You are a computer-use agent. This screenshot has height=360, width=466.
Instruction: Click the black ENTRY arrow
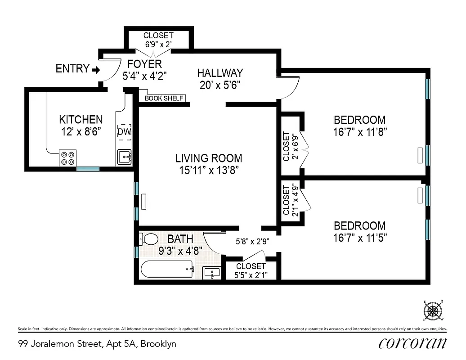pos(95,69)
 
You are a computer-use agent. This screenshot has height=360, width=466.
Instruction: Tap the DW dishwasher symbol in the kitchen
pos(124,132)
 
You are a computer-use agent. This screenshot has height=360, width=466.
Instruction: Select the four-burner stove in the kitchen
pos(68,158)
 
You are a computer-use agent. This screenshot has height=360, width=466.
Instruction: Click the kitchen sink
pos(124,157)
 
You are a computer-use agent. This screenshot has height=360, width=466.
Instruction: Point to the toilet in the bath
pos(148,238)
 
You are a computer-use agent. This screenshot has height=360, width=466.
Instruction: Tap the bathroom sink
pos(211,273)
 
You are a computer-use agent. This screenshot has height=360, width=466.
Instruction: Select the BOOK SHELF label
pos(164,98)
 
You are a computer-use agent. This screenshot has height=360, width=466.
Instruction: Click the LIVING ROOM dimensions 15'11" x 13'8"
pos(209,170)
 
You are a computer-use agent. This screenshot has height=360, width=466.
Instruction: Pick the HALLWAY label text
pos(220,73)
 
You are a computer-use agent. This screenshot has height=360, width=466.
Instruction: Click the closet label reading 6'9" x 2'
pos(158,45)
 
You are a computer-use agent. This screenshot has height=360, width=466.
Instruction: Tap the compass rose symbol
pos(433,310)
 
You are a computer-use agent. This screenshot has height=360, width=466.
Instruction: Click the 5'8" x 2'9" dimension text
pos(252,241)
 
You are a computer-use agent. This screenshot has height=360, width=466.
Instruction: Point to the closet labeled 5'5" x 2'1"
pos(251,270)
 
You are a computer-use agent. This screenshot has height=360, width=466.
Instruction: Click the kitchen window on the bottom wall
pos(87,169)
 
